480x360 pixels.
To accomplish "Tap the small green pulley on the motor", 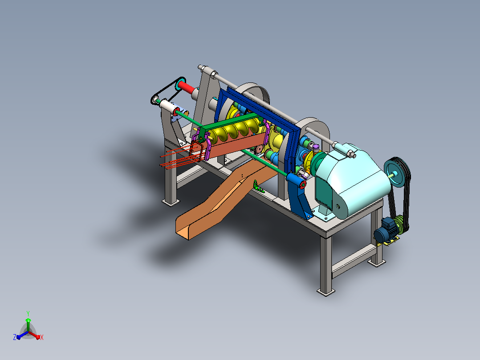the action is [399, 224].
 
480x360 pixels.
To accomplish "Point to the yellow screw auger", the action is [236, 130].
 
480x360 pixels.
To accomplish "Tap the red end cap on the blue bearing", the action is [303, 184].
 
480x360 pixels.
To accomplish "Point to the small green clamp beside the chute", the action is [258, 187].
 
